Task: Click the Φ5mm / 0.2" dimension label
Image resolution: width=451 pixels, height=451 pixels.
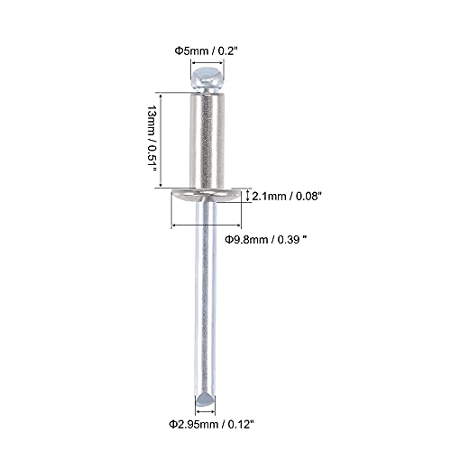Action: pyautogui.click(x=207, y=51)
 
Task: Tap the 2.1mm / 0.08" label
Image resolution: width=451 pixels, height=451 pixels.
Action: pyautogui.click(x=287, y=197)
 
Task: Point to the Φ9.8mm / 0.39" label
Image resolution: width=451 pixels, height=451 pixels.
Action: pyautogui.click(x=266, y=240)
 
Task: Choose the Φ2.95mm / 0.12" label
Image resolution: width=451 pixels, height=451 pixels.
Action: pyautogui.click(x=211, y=425)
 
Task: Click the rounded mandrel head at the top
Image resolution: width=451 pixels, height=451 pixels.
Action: pyautogui.click(x=207, y=79)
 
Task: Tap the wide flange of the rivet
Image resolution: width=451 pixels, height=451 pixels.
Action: pyautogui.click(x=207, y=195)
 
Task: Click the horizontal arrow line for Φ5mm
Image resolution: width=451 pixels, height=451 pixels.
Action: pyautogui.click(x=207, y=63)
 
